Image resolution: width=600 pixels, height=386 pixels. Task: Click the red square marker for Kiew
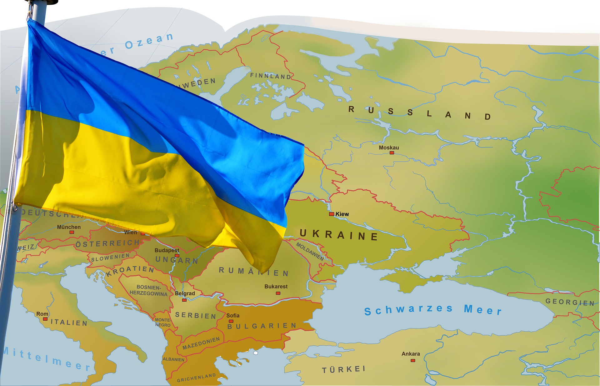332,214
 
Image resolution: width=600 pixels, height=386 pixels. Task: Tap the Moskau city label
389,148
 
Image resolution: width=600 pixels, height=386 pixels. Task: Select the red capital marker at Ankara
413,360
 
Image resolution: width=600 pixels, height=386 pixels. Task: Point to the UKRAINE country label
339,235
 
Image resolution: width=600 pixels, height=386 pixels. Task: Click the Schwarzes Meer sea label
433,310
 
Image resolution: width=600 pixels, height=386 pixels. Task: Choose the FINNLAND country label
271,76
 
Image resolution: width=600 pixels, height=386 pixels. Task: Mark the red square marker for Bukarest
278,293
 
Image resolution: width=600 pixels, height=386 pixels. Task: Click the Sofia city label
233,316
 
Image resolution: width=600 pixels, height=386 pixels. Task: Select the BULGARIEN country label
262,326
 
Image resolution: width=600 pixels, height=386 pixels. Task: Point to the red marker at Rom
45,319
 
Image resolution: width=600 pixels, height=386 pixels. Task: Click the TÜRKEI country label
343,369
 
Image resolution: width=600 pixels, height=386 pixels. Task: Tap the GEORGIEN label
570,302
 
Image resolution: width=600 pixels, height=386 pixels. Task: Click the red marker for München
72,232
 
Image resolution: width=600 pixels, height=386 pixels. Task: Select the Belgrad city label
185,293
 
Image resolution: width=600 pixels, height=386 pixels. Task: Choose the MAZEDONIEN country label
201,343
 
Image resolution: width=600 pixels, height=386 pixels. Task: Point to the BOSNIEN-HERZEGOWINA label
149,290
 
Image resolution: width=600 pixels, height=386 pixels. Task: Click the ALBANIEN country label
173,359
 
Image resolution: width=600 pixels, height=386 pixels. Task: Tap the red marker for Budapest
177,256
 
